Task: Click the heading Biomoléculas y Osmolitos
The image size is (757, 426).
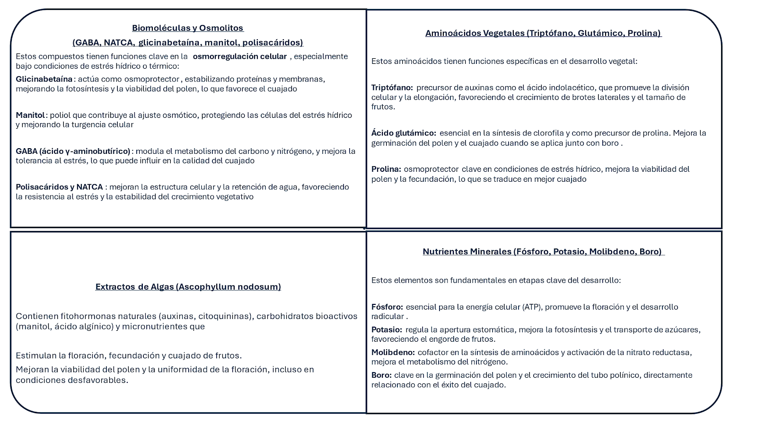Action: (187, 28)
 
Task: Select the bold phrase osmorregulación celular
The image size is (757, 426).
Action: (239, 56)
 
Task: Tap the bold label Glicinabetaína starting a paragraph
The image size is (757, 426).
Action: (44, 79)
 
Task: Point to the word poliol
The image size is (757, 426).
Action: (60, 115)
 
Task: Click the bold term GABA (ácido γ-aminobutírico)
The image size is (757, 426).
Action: (73, 151)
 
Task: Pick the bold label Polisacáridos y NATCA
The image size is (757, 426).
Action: (59, 187)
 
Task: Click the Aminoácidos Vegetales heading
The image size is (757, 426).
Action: (543, 33)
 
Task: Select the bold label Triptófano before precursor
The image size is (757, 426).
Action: (392, 88)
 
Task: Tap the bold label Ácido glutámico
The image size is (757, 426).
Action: (404, 133)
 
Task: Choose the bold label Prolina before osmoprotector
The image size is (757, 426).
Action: (386, 169)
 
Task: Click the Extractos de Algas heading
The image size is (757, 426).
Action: (188, 286)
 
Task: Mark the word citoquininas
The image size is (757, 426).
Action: (224, 316)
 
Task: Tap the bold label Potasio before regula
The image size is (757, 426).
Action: (387, 329)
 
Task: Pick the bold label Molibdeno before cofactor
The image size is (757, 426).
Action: (393, 352)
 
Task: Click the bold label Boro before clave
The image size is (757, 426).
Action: (381, 375)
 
